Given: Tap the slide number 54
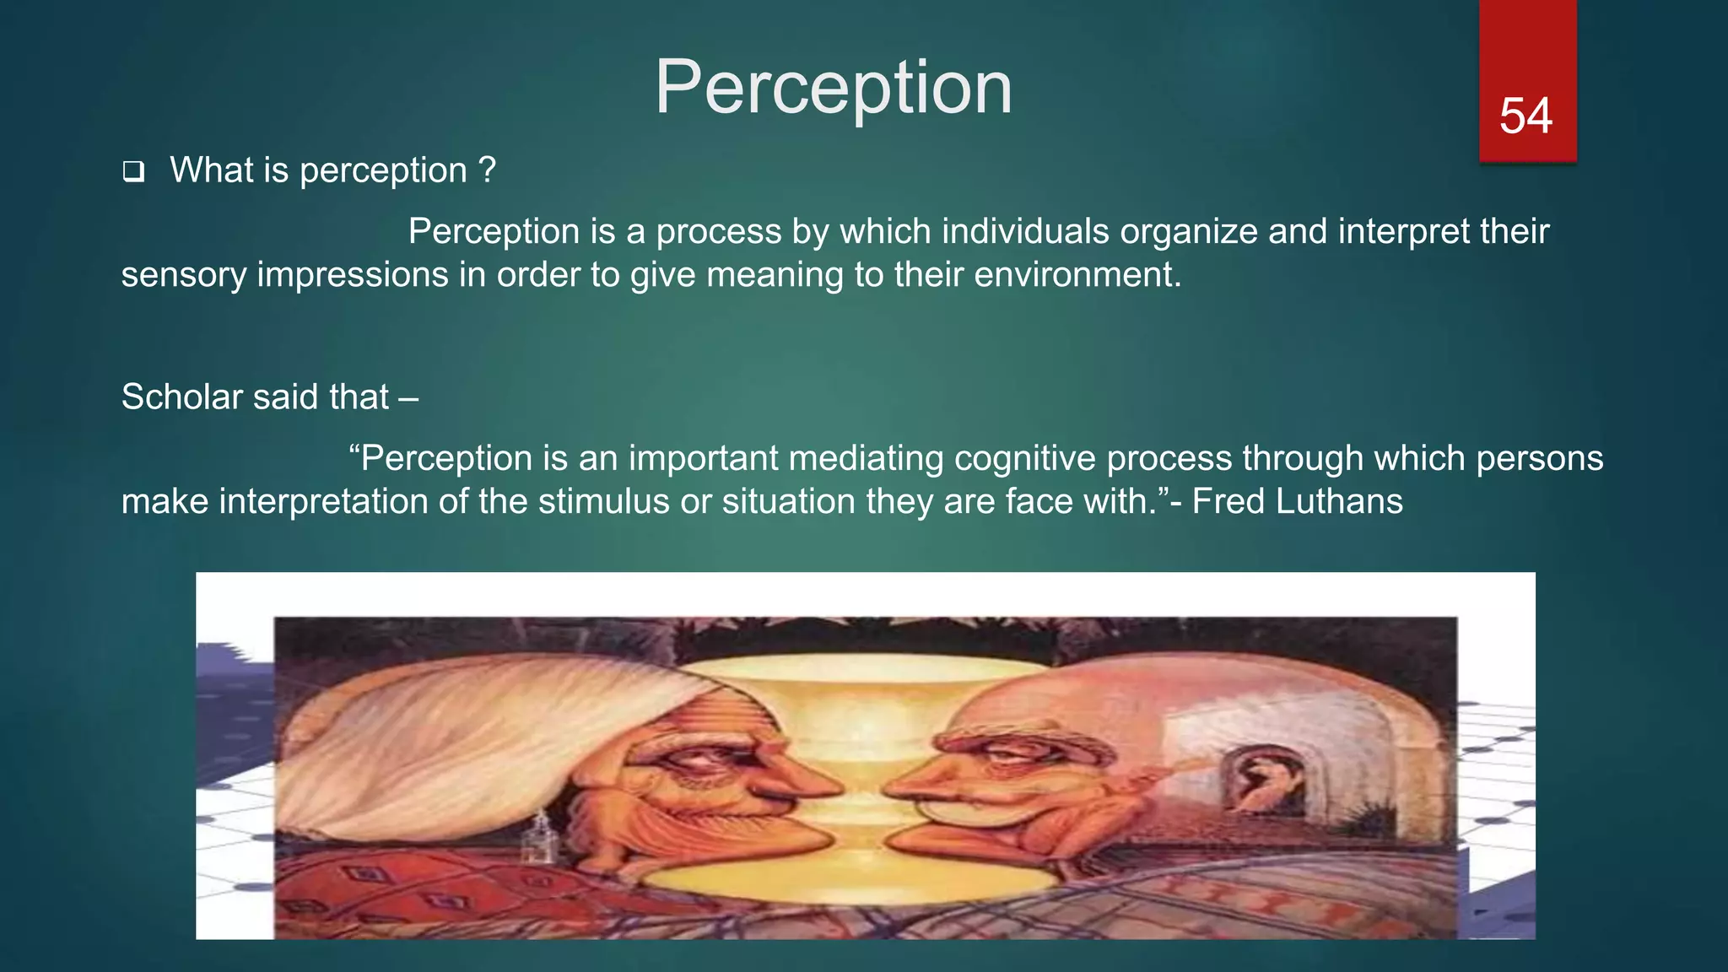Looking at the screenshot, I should pos(1525,116).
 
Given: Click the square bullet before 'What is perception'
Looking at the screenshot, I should pos(133,172).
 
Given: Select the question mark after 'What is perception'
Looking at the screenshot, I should pos(487,170).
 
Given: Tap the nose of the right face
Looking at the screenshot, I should pos(915,785).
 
